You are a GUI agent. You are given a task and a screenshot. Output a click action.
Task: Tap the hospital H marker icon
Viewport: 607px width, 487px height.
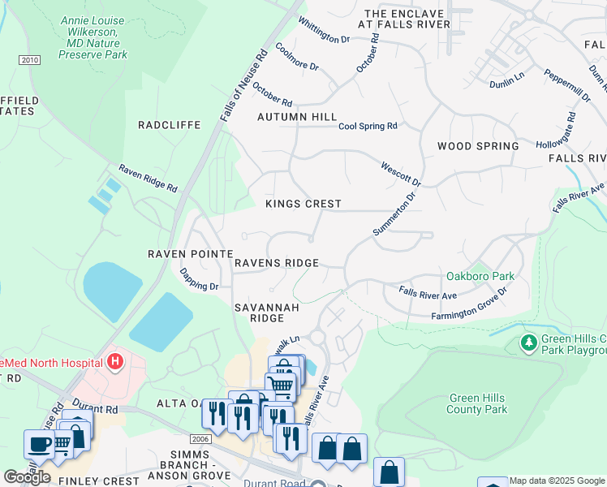click(x=115, y=360)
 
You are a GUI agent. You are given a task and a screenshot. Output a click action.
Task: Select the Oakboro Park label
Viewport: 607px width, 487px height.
click(x=480, y=277)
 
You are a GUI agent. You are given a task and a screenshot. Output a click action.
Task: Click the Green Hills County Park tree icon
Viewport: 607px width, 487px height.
click(x=529, y=343)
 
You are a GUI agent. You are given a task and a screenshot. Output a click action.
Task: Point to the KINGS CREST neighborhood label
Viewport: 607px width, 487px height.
click(x=303, y=204)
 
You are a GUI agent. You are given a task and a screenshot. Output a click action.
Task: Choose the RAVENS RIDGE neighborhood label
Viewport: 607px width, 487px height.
click(x=276, y=263)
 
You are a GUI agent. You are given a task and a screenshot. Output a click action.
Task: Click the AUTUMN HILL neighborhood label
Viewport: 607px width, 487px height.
click(x=296, y=118)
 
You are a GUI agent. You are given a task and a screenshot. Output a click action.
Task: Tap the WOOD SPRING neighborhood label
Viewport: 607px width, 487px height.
click(x=477, y=146)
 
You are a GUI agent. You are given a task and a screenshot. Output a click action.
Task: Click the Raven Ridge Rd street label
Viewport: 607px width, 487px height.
click(x=148, y=179)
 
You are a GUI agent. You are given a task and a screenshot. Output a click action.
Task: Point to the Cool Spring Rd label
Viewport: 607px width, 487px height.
click(x=368, y=126)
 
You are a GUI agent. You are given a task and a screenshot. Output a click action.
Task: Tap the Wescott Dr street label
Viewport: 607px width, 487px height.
click(x=401, y=172)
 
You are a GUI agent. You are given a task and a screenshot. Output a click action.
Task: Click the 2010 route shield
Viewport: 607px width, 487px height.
click(x=29, y=60)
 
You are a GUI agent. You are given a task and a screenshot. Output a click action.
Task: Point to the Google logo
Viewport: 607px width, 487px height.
click(x=27, y=476)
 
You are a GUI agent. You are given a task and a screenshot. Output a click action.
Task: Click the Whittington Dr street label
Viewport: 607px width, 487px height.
click(x=324, y=30)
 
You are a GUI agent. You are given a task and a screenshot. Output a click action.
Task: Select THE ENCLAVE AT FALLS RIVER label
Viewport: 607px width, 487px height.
click(x=407, y=19)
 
